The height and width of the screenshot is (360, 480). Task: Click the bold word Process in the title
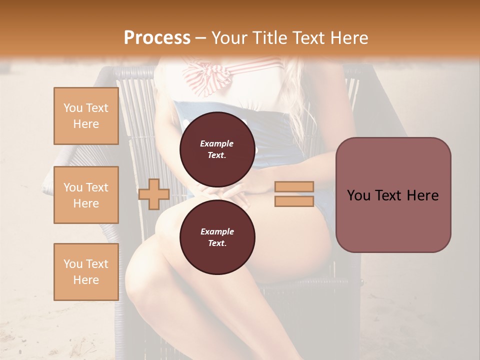157,37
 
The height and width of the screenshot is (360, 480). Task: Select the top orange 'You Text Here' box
86,116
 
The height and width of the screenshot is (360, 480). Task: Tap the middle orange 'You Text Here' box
86,195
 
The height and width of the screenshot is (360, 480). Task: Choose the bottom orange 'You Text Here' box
86,272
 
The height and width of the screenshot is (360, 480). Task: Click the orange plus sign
154,194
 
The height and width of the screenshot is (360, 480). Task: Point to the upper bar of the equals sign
294,187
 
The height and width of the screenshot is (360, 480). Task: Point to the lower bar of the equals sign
294,201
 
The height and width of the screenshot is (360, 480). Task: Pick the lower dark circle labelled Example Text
217,237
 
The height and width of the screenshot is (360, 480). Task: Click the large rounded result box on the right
393,195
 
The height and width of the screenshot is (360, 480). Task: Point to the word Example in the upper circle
217,143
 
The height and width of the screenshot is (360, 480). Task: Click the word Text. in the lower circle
217,243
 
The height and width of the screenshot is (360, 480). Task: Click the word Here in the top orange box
86,124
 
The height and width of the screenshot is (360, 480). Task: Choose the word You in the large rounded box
359,195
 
